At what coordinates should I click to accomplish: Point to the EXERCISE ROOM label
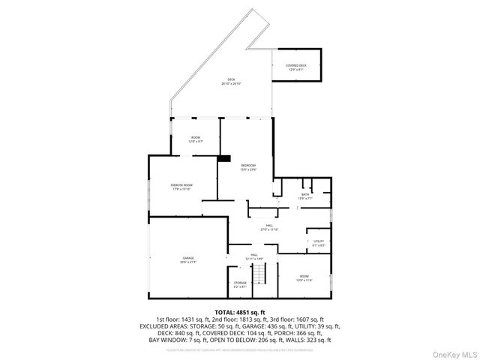(182, 187)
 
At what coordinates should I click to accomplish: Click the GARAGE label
(187, 259)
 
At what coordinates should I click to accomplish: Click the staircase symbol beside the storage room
(259, 274)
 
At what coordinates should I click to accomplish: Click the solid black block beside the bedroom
(224, 158)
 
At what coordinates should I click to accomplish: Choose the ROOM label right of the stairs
(304, 277)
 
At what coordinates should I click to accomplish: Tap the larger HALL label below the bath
(269, 227)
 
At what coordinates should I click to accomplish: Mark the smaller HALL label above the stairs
(254, 256)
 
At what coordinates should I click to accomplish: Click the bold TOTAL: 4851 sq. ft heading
(240, 311)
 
